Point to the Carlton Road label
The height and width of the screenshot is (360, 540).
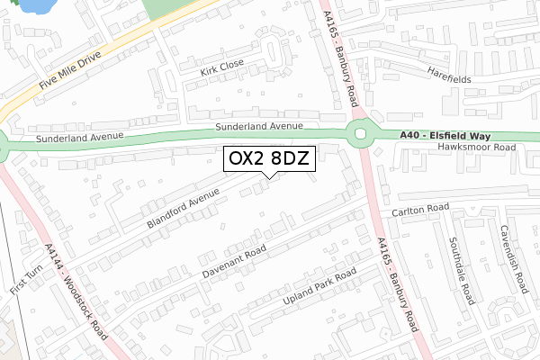click(419, 210)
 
